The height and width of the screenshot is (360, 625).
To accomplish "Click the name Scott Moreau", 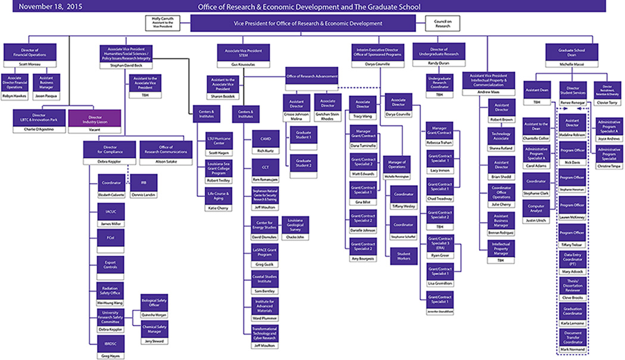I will tap(30, 63).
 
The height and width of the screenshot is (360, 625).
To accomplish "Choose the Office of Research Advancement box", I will tap(312, 76).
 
